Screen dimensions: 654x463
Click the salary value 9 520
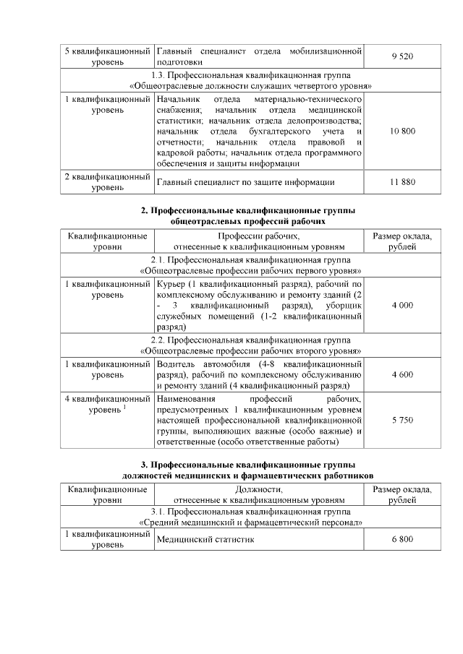tap(402, 56)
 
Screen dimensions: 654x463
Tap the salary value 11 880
tap(402, 181)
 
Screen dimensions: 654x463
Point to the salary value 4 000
tap(402, 306)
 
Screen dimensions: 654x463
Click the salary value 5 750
tap(402, 419)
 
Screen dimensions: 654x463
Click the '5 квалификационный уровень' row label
tap(107, 56)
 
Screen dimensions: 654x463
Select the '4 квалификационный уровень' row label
tap(107, 404)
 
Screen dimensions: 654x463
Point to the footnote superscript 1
tap(125, 408)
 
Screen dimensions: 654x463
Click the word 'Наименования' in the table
tap(186, 398)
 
